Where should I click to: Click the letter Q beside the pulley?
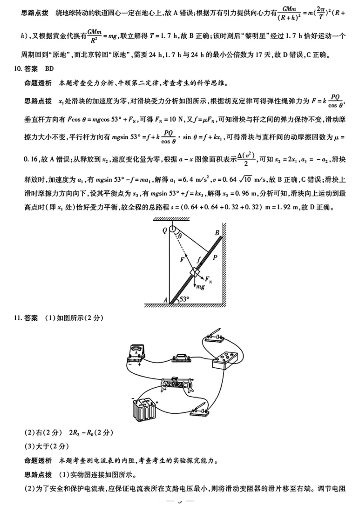(164, 229)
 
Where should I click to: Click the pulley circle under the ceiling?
(171, 228)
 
